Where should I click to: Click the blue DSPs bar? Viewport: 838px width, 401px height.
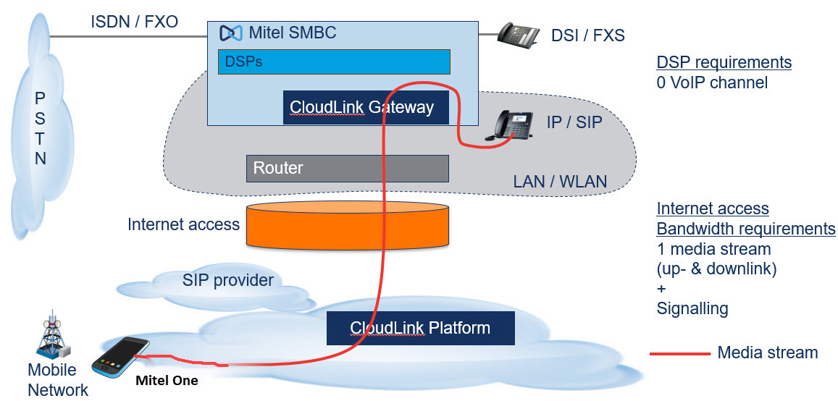click(x=334, y=62)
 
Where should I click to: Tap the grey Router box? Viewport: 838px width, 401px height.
click(x=347, y=168)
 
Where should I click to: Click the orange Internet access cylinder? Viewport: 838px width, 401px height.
click(x=348, y=225)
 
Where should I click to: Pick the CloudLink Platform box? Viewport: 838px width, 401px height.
click(x=420, y=328)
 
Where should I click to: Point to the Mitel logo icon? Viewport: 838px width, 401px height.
click(x=230, y=33)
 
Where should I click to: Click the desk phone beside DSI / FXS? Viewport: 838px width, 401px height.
click(x=519, y=35)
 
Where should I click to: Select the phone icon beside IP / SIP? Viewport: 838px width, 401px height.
click(x=514, y=125)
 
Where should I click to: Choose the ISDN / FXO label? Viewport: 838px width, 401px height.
click(x=135, y=22)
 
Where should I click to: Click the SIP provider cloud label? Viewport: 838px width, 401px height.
click(x=227, y=280)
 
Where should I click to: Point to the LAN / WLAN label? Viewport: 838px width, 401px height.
click(x=561, y=182)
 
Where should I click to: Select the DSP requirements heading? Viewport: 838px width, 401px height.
click(x=724, y=62)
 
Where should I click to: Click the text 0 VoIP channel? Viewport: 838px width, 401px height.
click(x=712, y=83)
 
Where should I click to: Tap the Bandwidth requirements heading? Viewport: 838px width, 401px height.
click(x=746, y=229)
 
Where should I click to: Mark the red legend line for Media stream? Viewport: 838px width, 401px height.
click(x=679, y=354)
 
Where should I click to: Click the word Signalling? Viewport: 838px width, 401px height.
click(x=692, y=309)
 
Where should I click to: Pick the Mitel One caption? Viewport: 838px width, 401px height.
click(x=168, y=380)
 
